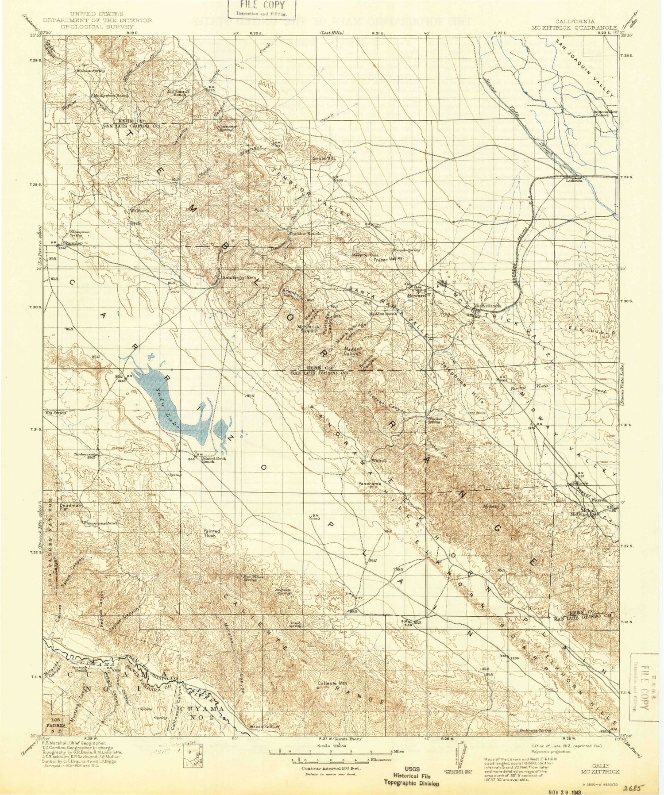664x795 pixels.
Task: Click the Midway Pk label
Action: point(495,506)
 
